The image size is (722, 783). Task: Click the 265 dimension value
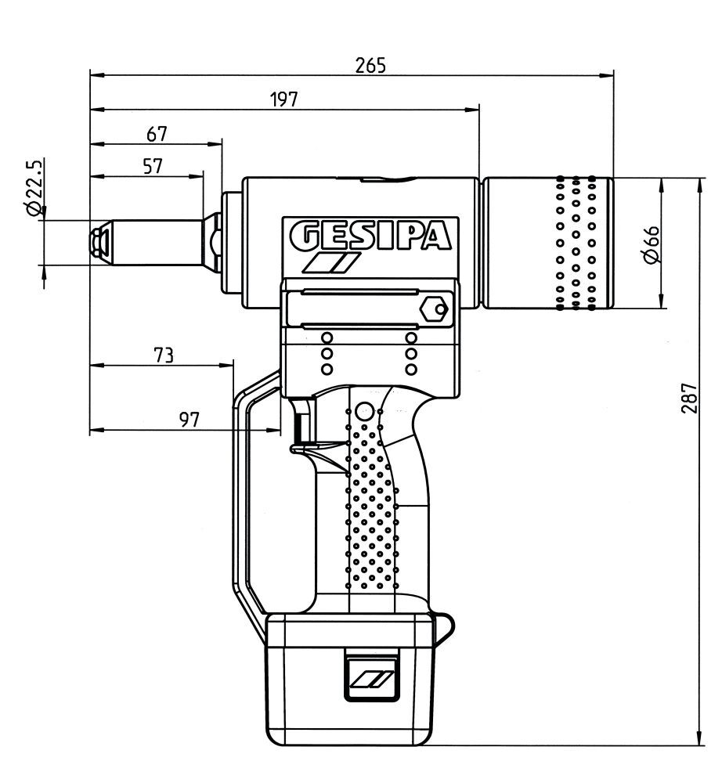(x=370, y=65)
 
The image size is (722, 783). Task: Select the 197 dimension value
(x=284, y=99)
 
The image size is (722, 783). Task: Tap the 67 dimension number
(x=157, y=134)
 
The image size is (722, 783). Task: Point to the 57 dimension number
(x=153, y=166)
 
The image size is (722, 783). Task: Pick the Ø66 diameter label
(x=652, y=244)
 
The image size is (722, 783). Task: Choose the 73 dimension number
(x=164, y=355)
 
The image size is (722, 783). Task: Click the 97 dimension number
(x=190, y=420)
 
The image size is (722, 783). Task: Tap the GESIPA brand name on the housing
(x=370, y=236)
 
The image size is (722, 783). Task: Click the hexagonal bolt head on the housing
(x=433, y=309)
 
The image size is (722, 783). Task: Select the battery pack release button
(x=371, y=677)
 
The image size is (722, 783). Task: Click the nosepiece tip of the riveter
(x=99, y=243)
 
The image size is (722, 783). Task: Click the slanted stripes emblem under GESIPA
(x=330, y=262)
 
